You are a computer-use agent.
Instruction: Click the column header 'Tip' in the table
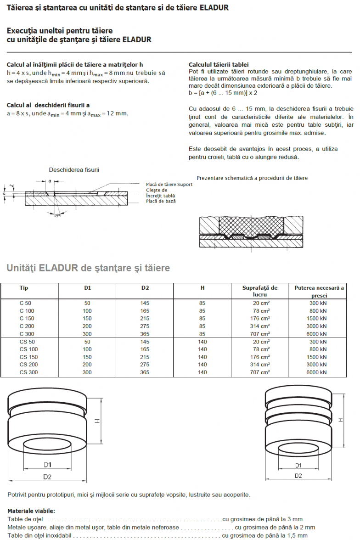tap(23, 288)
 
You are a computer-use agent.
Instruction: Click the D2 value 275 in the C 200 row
tap(145, 326)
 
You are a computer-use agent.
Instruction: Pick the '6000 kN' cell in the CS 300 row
tap(316, 372)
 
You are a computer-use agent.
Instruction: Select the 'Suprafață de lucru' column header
tap(260, 291)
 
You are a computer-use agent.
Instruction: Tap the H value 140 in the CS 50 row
tap(202, 342)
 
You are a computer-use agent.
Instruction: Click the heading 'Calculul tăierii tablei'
tap(219, 65)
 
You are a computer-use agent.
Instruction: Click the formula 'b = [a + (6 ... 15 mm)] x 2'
tap(223, 92)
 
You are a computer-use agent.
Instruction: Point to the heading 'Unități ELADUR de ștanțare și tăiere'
tap(88, 268)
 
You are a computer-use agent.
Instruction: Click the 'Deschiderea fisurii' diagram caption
tap(74, 170)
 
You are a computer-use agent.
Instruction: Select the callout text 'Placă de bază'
tap(161, 201)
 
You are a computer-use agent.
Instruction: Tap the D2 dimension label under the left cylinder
tap(47, 477)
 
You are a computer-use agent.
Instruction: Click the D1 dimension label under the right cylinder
tap(298, 465)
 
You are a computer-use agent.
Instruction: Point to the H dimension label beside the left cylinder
tap(97, 421)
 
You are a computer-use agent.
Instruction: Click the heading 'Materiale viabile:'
tap(31, 511)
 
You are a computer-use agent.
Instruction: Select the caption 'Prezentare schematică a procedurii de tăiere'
tap(252, 178)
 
